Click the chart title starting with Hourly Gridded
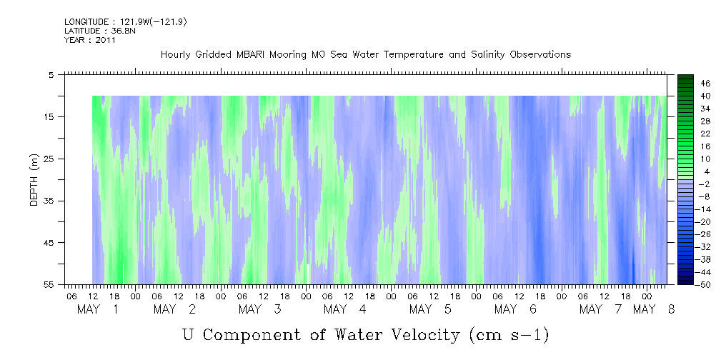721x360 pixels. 366,55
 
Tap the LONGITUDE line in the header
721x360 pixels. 126,22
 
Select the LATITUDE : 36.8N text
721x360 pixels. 100,31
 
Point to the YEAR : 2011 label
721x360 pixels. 90,40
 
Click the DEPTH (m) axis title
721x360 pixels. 34,180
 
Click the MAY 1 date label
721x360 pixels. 97,309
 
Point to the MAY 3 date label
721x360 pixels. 259,309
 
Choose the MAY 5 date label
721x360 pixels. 430,309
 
